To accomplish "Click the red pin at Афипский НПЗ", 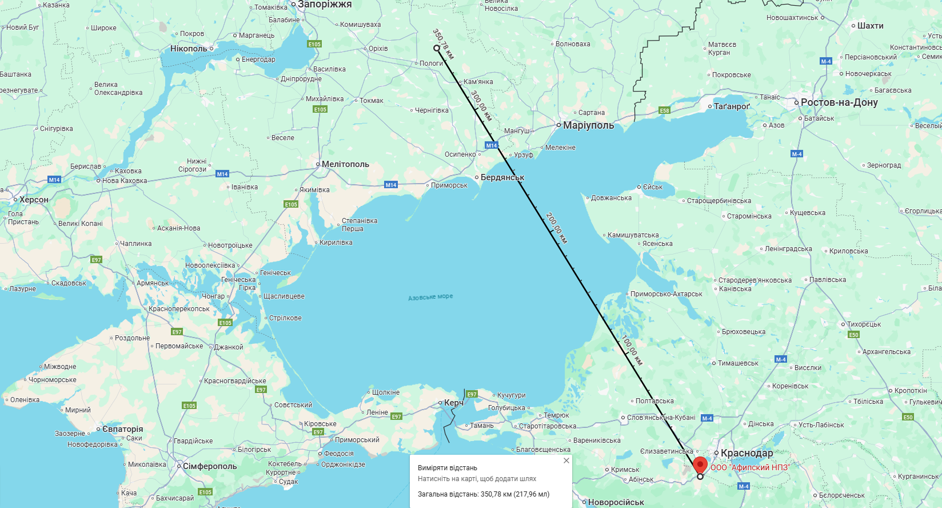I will [x=700, y=464].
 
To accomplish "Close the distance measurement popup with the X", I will [x=566, y=461].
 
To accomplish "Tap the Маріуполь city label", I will [x=588, y=125].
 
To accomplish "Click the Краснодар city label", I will [x=747, y=453].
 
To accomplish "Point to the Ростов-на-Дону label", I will [x=839, y=102].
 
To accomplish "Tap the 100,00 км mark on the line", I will [x=632, y=350].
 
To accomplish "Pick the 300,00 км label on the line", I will [x=481, y=105].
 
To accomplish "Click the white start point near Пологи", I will [x=437, y=48].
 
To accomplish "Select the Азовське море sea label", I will [x=430, y=297].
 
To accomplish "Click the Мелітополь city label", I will [x=345, y=164].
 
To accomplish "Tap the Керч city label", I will [x=454, y=403].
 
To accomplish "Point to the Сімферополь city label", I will [x=209, y=466].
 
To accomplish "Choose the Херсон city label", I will [x=34, y=200].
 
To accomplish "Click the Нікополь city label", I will [x=189, y=49].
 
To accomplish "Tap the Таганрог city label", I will [x=732, y=106].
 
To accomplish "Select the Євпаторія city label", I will [x=122, y=429].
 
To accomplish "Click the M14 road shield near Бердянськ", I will [x=492, y=145].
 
